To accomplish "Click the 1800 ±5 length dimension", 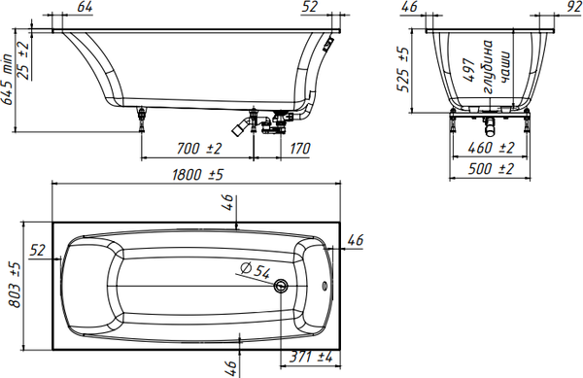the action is point(197,174).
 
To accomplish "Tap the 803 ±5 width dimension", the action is point(15,285).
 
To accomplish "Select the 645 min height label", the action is point(7,80).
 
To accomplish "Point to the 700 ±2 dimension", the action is point(199,149).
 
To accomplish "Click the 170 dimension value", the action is point(299,149).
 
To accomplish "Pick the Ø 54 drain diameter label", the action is point(255,270).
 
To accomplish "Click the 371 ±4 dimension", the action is point(311,358).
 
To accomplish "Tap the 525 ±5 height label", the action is point(403,70).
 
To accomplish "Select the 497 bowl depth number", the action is point(469,70).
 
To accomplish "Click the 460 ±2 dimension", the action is point(491,148).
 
